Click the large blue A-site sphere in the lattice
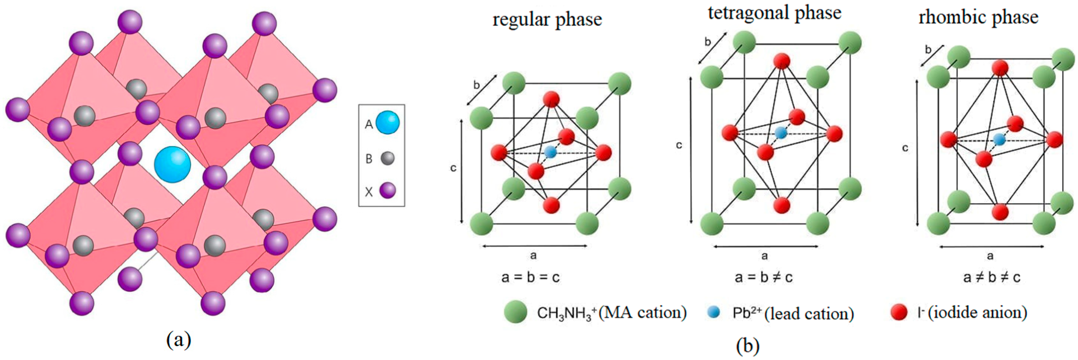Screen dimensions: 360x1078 coord(172,165)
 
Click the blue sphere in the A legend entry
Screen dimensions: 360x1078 coord(387,123)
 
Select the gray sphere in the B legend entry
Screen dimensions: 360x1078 coord(387,158)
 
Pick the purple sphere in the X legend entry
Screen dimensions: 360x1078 coord(387,191)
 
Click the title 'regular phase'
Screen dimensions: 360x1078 coord(547,20)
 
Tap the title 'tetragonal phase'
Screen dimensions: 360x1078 coord(774,12)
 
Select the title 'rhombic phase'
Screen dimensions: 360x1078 coord(978,18)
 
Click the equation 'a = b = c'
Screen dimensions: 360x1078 coord(530,277)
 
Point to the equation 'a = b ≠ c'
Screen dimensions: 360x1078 coord(763,277)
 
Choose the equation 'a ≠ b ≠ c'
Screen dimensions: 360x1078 coord(991,277)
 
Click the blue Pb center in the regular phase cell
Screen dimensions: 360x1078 coord(551,152)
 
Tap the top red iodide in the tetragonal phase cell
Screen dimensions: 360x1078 coord(781,61)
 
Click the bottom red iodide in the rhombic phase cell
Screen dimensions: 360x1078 coord(1000,212)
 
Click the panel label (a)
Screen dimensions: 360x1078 coord(179,340)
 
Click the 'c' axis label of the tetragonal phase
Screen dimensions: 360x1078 coord(679,145)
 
